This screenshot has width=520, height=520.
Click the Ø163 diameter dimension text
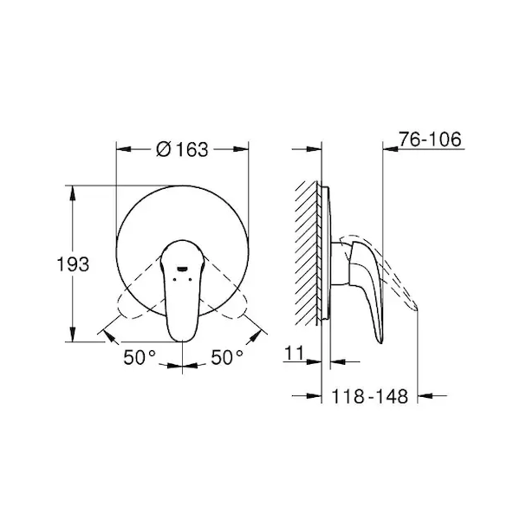point(182,149)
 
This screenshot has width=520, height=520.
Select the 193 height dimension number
point(73,264)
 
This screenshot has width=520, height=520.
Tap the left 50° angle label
point(140,357)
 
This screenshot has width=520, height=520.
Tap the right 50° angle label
point(227,357)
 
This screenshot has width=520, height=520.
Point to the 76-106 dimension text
point(430,139)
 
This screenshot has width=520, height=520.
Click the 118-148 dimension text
point(370,396)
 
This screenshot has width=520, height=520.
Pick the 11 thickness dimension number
point(294,353)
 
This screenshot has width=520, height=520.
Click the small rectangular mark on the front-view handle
point(182,269)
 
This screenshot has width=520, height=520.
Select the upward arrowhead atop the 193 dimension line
point(73,193)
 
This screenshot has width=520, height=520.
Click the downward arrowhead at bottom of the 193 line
point(73,335)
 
